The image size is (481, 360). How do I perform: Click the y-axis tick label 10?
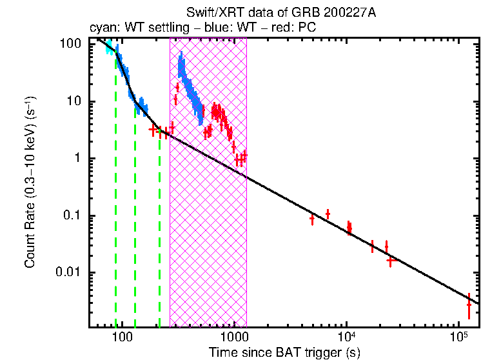pos(74,101)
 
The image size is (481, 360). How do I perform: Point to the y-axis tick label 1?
pos(77,159)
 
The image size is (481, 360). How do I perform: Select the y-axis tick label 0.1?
pos(72,215)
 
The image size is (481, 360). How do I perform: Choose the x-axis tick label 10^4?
pos(346,336)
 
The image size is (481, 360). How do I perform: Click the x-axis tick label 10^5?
pos(458,336)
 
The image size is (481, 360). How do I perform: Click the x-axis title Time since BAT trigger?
pos(284,352)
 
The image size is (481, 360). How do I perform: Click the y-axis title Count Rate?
pos(30,183)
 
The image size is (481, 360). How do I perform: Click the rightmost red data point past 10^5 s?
pos(469,304)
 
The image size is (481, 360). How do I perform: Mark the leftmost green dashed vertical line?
pos(116,194)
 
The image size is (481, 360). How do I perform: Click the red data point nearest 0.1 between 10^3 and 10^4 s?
pos(328,214)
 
